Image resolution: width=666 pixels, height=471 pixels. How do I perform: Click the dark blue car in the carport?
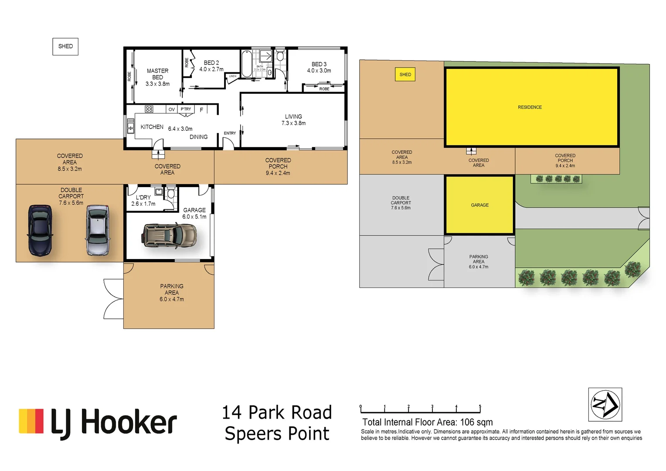[x=40, y=230]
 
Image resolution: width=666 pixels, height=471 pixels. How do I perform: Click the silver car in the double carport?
[x=98, y=230]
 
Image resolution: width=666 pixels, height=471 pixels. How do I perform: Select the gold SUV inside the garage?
[x=170, y=236]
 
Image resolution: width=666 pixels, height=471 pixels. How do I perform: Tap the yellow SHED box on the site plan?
[x=405, y=75]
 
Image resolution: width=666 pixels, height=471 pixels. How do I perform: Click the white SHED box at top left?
[x=65, y=46]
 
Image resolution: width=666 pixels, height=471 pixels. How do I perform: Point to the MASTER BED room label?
[x=157, y=74]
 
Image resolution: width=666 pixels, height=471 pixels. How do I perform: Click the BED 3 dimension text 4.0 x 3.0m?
[x=319, y=71]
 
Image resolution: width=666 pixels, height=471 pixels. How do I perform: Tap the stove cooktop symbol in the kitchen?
[x=149, y=109]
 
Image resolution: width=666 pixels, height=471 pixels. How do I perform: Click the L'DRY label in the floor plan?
[x=143, y=198]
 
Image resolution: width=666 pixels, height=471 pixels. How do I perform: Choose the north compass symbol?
[x=605, y=405]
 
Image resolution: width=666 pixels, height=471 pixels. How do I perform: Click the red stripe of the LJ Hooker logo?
[x=39, y=421]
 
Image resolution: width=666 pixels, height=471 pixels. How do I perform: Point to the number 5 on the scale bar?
[x=480, y=406]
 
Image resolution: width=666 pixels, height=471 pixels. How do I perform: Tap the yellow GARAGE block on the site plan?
[x=479, y=205]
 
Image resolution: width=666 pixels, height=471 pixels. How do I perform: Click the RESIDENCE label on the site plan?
[x=530, y=107]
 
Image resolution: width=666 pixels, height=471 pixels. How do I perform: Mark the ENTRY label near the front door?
[x=230, y=133]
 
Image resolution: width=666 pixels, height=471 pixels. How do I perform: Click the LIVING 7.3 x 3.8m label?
[x=293, y=120]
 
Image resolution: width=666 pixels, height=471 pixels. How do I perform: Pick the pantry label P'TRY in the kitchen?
[x=186, y=109]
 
